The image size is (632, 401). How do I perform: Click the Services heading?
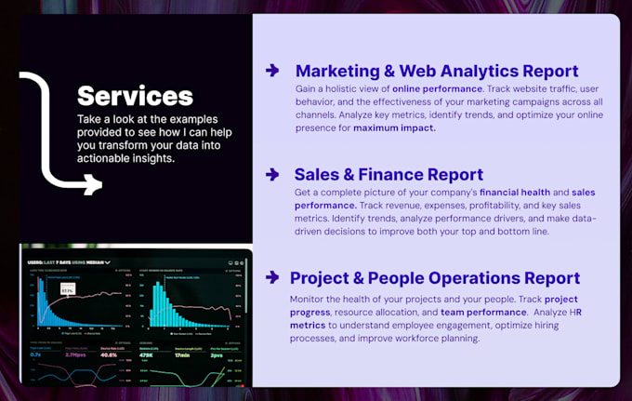[135, 95]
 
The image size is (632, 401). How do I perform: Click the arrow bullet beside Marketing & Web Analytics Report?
[272, 70]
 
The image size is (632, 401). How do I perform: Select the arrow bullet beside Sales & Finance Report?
[272, 174]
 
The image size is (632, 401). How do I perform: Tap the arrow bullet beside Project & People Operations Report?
[272, 277]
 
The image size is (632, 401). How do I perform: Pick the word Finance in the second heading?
[406, 174]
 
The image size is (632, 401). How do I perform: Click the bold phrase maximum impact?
[394, 127]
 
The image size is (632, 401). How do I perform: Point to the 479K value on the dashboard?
[146, 354]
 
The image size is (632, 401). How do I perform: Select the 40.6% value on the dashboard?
[108, 354]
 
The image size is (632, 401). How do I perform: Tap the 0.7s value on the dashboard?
[34, 354]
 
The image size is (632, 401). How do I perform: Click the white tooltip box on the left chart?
[67, 291]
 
